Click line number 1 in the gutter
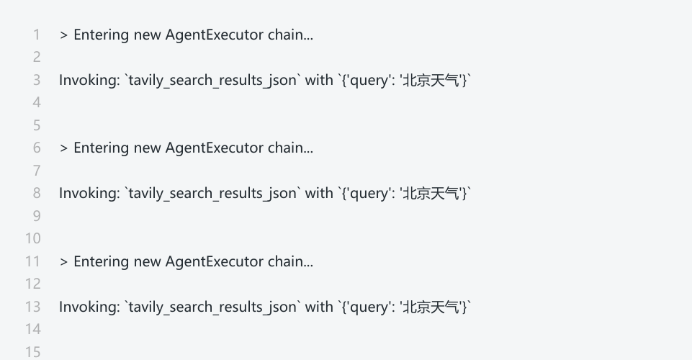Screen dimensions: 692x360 coord(37,35)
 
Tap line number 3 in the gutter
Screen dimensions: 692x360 coord(37,80)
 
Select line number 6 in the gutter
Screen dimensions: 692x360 coord(37,148)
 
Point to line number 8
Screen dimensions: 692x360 coord(37,193)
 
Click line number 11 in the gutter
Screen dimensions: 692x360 coord(33,261)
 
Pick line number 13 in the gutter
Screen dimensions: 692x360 coord(33,307)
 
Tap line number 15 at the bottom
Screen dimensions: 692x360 coord(33,352)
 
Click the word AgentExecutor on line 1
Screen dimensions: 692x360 coord(215,35)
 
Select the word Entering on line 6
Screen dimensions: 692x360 coord(102,148)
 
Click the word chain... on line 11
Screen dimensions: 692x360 coord(290,261)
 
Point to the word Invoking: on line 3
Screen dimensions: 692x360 coord(89,80)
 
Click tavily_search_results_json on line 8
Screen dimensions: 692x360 coord(212,193)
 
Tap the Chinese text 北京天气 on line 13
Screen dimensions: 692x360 coord(430,307)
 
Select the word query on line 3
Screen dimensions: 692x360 coord(370,80)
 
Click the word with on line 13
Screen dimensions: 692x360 coord(319,307)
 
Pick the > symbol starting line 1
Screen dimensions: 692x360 coord(63,35)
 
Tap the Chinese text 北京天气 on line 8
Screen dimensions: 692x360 coord(430,193)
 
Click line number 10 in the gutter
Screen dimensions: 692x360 coord(33,238)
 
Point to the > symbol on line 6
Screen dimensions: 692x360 coord(63,148)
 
